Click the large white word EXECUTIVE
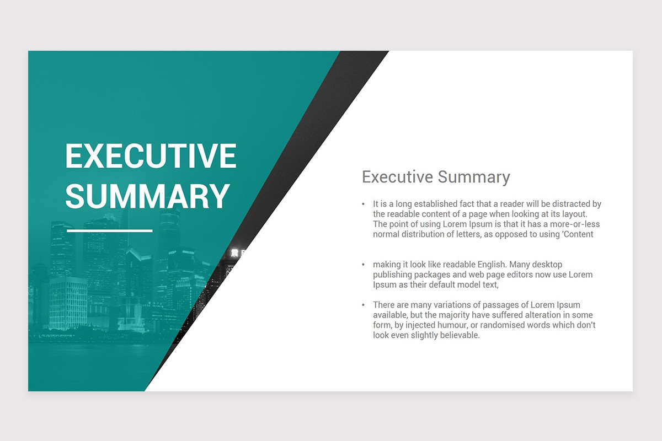[x=151, y=156]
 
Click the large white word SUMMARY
[x=147, y=196]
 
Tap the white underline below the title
[x=109, y=230]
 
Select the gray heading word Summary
[x=473, y=177]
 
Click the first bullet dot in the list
[x=363, y=205]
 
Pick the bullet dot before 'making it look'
[x=363, y=265]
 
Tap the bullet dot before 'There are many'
[x=363, y=305]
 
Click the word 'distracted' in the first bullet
[x=570, y=204]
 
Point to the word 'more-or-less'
[x=575, y=224]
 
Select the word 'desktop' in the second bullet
[x=546, y=265]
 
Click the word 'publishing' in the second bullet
[x=392, y=275]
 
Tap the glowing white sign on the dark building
[x=235, y=253]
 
